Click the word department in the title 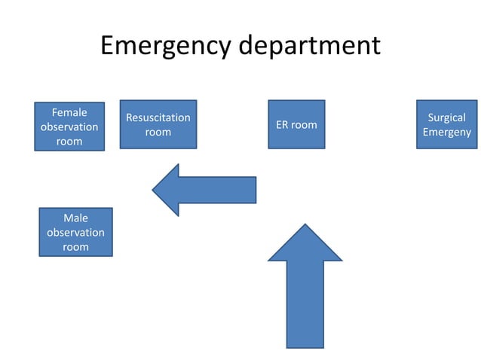(x=310, y=47)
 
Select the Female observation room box (x=69, y=127)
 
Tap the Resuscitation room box (x=158, y=124)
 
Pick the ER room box (x=296, y=124)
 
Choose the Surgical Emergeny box (x=447, y=124)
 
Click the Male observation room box (x=75, y=232)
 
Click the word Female (x=69, y=113)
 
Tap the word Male (x=75, y=218)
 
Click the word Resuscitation (x=158, y=117)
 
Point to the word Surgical (x=447, y=117)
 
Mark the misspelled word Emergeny (x=447, y=132)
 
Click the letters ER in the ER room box (x=282, y=124)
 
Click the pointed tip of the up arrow (x=305, y=226)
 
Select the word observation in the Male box (x=75, y=233)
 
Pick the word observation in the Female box (x=69, y=127)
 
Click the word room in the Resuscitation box (x=158, y=132)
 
